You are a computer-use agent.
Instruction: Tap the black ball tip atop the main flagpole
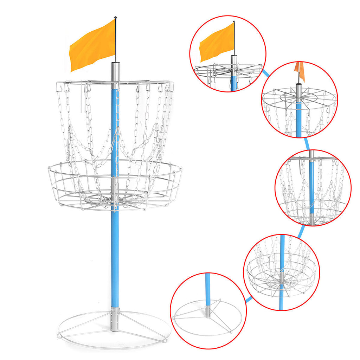point(115,18)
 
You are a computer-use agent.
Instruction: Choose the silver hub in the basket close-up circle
point(281,278)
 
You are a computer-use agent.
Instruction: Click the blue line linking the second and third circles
point(308,143)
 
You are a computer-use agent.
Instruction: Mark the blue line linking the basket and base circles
point(249,299)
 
